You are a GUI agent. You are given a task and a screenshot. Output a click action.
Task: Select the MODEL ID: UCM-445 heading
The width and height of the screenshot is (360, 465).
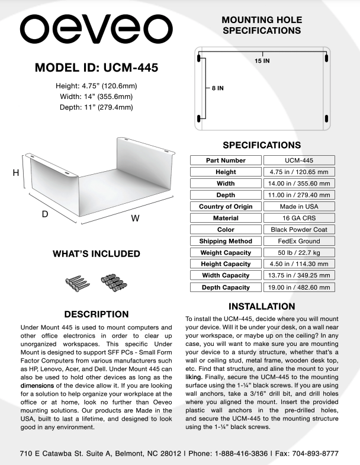click(97, 68)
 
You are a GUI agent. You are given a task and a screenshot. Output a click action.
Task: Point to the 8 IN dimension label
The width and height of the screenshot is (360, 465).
click(217, 88)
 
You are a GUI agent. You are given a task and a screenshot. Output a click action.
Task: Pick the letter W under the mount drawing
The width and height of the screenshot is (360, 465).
click(135, 218)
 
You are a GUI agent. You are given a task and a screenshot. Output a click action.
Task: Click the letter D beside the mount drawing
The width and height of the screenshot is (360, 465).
click(44, 214)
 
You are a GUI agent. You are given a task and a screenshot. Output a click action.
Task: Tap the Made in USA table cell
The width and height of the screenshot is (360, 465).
click(298, 206)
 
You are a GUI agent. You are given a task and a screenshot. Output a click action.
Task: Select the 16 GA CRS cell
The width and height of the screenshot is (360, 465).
click(298, 218)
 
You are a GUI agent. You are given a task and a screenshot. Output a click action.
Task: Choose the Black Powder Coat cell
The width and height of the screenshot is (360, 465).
click(298, 229)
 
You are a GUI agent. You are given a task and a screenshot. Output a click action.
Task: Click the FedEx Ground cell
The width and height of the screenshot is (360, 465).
click(298, 241)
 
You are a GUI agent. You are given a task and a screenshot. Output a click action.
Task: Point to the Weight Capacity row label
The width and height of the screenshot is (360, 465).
click(226, 252)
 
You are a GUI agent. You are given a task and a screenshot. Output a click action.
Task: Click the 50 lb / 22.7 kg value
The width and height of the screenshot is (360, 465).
click(298, 252)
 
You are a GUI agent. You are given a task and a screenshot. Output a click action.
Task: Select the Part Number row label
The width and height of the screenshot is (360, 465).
click(226, 160)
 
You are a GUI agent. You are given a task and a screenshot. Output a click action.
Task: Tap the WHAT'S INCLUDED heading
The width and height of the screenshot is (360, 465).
click(97, 254)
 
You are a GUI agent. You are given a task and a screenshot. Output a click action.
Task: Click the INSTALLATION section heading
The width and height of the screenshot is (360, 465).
click(262, 306)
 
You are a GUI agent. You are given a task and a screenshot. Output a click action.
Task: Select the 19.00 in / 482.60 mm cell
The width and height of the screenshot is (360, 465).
click(298, 287)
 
